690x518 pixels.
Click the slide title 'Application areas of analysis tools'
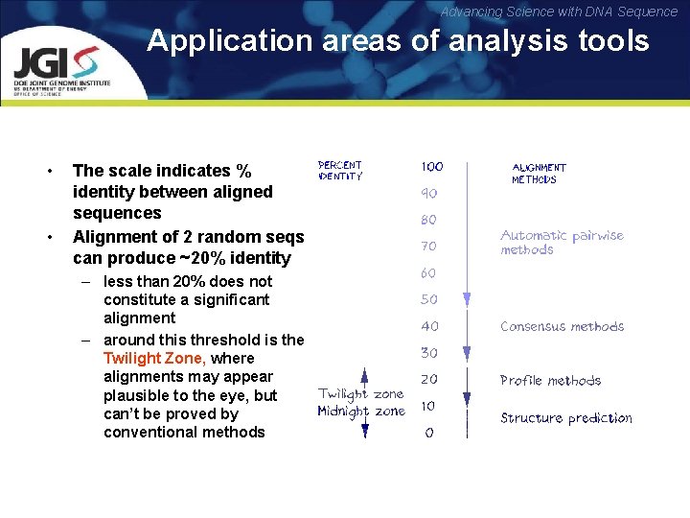coord(398,41)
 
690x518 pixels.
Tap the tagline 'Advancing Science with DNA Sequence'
coord(559,12)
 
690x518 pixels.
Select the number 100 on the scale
coord(431,167)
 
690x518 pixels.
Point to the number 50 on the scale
coord(428,299)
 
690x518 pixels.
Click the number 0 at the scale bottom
coord(428,433)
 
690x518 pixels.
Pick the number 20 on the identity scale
coord(428,379)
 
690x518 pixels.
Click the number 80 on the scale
coord(428,220)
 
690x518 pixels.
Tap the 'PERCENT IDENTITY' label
coord(340,171)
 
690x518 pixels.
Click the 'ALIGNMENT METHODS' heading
coord(539,174)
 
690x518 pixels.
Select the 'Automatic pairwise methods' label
coord(562,243)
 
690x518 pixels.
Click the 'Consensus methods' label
coord(562,326)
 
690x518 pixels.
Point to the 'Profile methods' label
coord(550,380)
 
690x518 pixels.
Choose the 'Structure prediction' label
coord(565,418)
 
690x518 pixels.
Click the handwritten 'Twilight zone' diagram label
coord(360,394)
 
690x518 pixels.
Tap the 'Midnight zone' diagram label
coord(360,412)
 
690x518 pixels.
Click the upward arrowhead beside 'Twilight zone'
coord(364,374)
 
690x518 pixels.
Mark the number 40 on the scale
coord(428,326)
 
